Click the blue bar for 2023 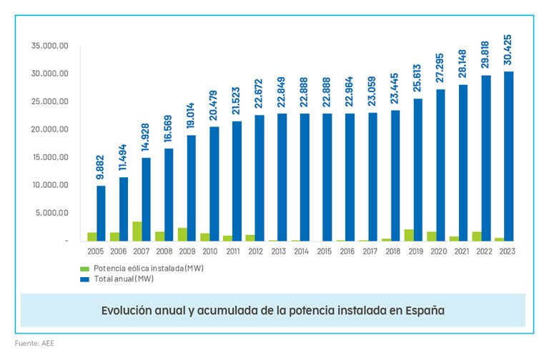pos(508,156)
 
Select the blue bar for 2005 pos(102,213)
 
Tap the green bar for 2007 pos(137,231)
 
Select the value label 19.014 pos(192,112)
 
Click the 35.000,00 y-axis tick pos(50,46)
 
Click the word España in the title pos(423,311)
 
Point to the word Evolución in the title pos(128,311)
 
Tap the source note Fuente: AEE pos(34,343)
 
